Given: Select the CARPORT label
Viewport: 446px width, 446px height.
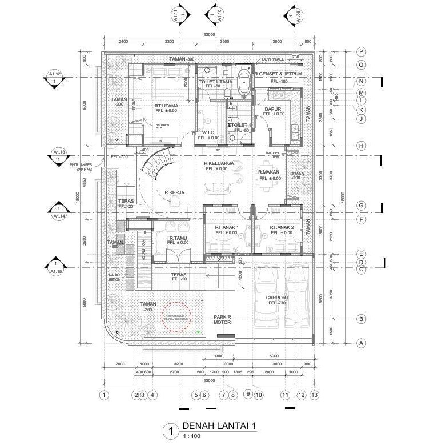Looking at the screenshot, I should [x=278, y=298].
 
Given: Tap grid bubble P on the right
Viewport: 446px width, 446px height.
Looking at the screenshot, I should [x=361, y=51].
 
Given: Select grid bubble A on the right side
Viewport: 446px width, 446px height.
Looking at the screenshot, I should [x=361, y=343].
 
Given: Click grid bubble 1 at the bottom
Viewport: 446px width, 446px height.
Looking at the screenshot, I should [x=104, y=394].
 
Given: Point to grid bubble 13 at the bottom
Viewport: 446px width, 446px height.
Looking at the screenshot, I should [x=314, y=394].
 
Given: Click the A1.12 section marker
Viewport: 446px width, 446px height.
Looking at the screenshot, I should [x=54, y=77].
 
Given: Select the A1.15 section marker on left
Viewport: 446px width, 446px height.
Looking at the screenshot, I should [x=55, y=267].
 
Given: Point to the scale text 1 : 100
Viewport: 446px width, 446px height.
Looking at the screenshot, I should [x=192, y=436].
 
